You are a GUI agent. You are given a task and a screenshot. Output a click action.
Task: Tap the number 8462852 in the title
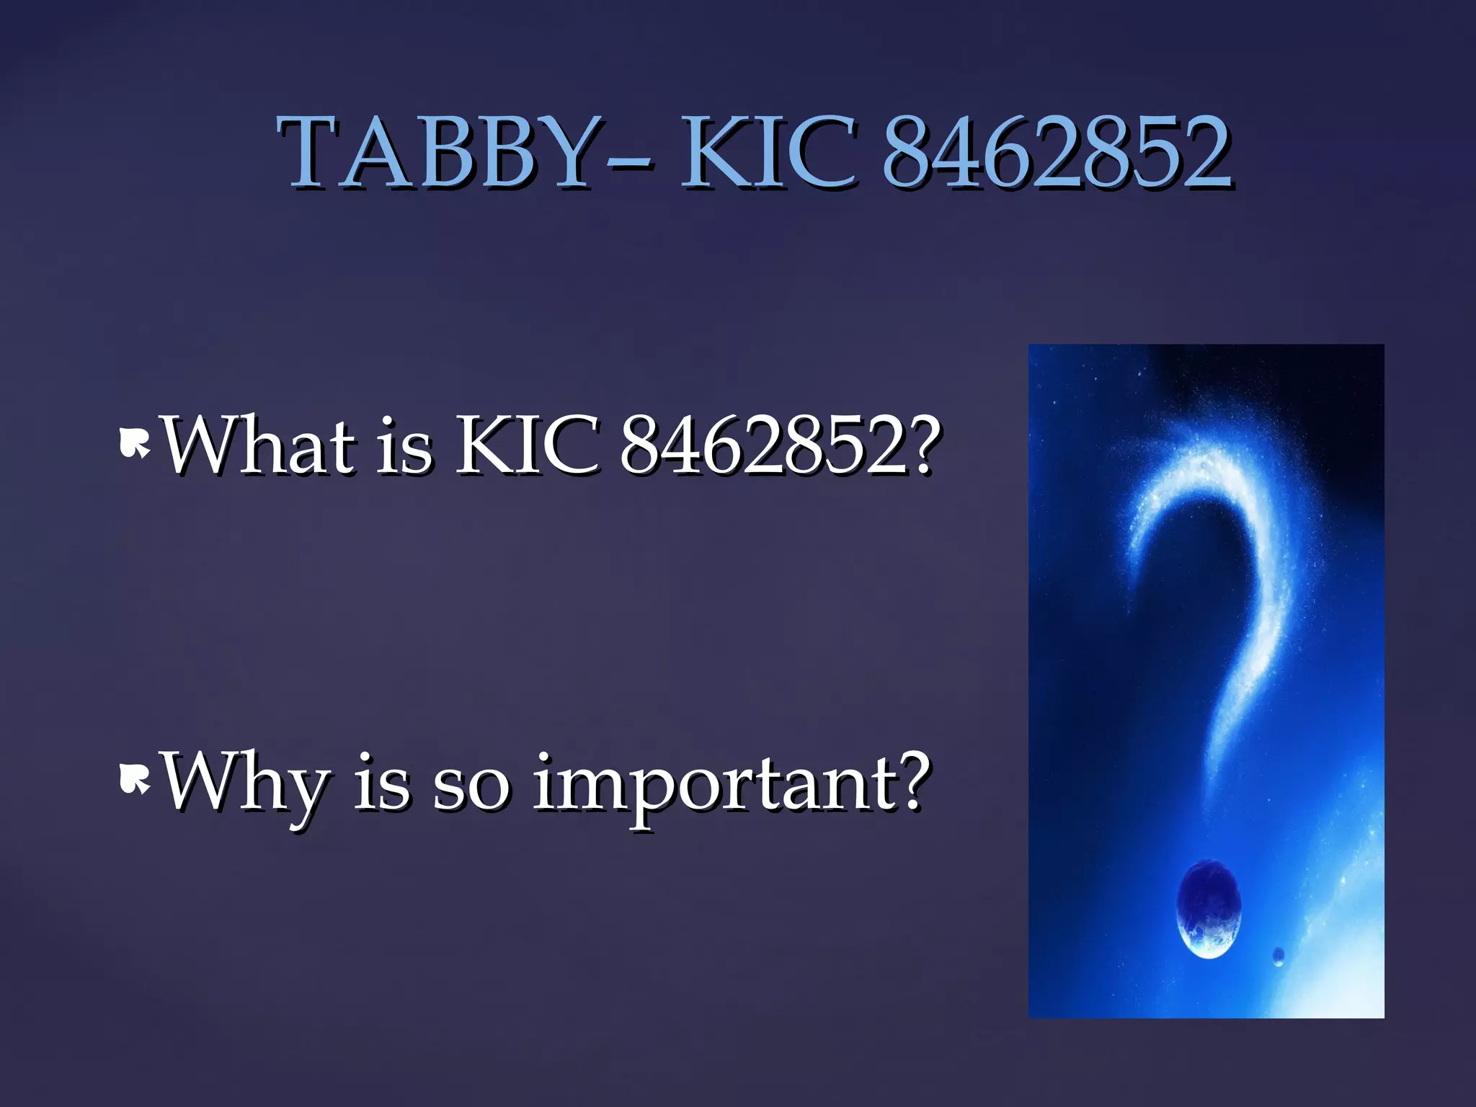(x=1057, y=153)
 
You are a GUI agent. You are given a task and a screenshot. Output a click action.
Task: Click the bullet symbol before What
(x=134, y=444)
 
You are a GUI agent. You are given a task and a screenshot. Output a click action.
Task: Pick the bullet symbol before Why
(x=134, y=781)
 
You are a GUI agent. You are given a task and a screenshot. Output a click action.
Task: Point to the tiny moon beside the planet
(x=1279, y=956)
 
